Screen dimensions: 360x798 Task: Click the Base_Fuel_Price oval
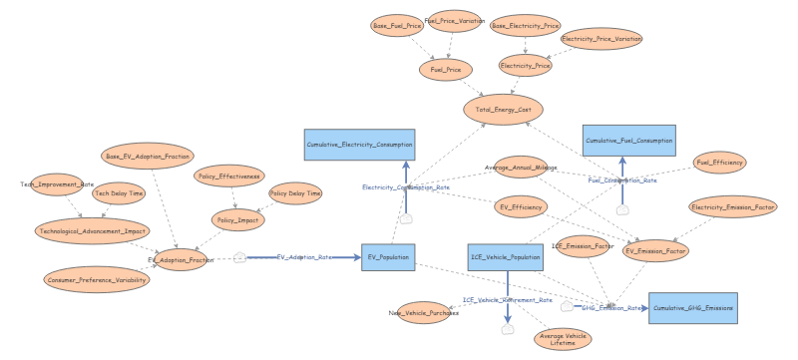[x=398, y=26]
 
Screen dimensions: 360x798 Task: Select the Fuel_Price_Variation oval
[x=454, y=21]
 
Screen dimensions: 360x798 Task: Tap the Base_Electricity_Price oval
[x=526, y=26]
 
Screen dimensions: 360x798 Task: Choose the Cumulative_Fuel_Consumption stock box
[x=628, y=141]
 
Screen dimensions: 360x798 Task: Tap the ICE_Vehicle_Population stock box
[x=505, y=257]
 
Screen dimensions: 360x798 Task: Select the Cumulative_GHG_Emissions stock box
[x=693, y=308]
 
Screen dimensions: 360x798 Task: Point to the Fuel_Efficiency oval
[x=719, y=162]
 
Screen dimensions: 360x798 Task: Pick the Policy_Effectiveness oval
[x=228, y=176]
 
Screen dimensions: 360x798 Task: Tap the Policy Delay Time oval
[x=295, y=193]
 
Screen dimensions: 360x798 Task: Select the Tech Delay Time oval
[x=119, y=193]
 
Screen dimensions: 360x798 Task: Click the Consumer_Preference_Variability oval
[x=97, y=280]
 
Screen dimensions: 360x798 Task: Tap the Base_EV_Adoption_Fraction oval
[x=148, y=157]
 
